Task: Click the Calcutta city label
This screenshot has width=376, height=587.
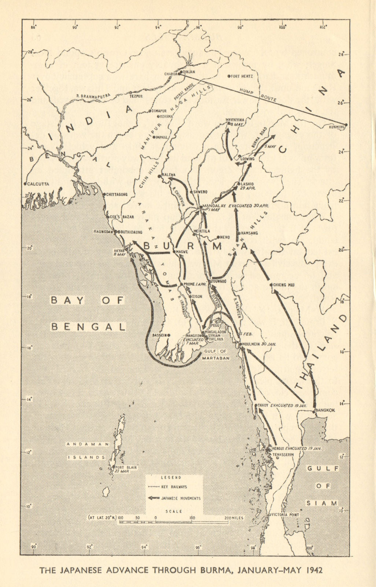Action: (x=38, y=184)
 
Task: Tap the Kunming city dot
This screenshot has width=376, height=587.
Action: (x=346, y=124)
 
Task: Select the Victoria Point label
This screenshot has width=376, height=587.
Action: (x=286, y=515)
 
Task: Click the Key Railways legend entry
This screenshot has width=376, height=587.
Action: (x=174, y=487)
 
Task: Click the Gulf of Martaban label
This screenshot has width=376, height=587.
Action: (x=216, y=354)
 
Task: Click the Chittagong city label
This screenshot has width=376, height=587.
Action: (x=117, y=194)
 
